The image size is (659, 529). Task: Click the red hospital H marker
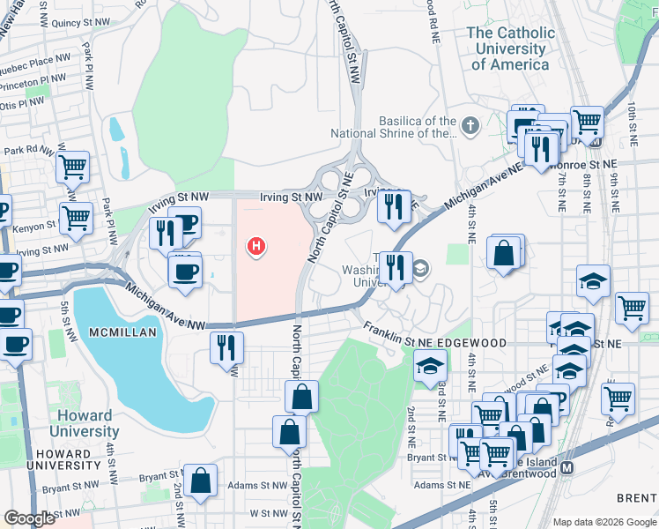click(x=256, y=248)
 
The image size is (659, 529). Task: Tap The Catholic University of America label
click(x=512, y=48)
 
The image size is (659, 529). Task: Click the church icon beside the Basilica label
click(x=470, y=125)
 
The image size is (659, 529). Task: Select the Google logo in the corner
click(x=29, y=518)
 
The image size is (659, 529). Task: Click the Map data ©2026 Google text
click(x=603, y=522)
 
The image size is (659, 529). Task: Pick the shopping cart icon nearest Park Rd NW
click(x=72, y=165)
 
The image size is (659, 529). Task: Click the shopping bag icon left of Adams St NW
click(x=202, y=481)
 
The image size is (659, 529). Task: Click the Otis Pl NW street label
click(x=24, y=104)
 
